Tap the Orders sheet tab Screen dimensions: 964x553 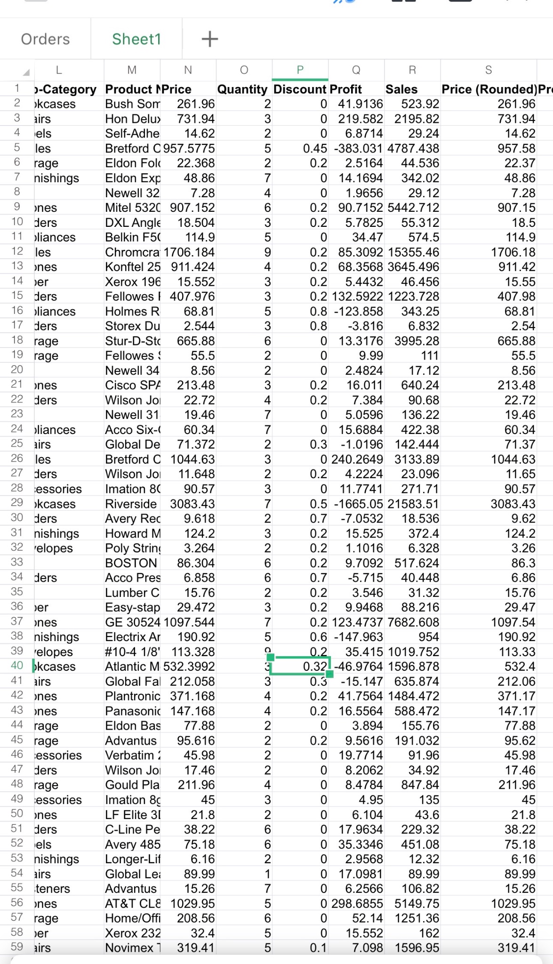pyautogui.click(x=45, y=39)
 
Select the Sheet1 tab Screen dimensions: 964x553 pyautogui.click(x=136, y=39)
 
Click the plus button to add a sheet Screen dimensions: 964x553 pyautogui.click(x=209, y=39)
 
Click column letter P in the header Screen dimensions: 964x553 pyautogui.click(x=300, y=70)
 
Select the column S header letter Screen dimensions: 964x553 pyautogui.click(x=488, y=70)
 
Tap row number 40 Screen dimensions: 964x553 pyautogui.click(x=17, y=666)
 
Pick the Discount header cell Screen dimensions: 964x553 pyautogui.click(x=300, y=89)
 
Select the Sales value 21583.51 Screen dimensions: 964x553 pyautogui.click(x=413, y=504)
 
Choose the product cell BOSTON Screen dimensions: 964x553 pyautogui.click(x=131, y=563)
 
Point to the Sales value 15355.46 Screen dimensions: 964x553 pyautogui.click(x=413, y=252)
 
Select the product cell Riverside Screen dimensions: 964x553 pyautogui.click(x=131, y=504)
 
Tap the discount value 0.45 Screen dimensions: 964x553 pyautogui.click(x=315, y=149)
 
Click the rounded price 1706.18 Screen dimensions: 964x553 pyautogui.click(x=513, y=252)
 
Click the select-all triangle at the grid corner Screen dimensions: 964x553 pyautogui.click(x=26, y=72)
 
